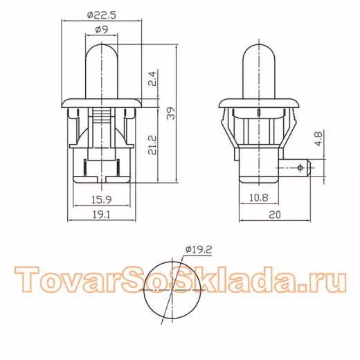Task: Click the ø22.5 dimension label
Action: coord(102,15)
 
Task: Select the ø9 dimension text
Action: coord(102,30)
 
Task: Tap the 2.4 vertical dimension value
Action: coord(152,79)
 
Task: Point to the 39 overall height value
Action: coord(171,114)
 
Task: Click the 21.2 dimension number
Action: coord(152,145)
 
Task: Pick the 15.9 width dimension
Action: coord(102,199)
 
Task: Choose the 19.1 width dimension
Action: coord(102,215)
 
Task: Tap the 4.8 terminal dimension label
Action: coord(319,138)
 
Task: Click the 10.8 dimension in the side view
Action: coord(259,197)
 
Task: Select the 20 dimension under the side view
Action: coord(275,215)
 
